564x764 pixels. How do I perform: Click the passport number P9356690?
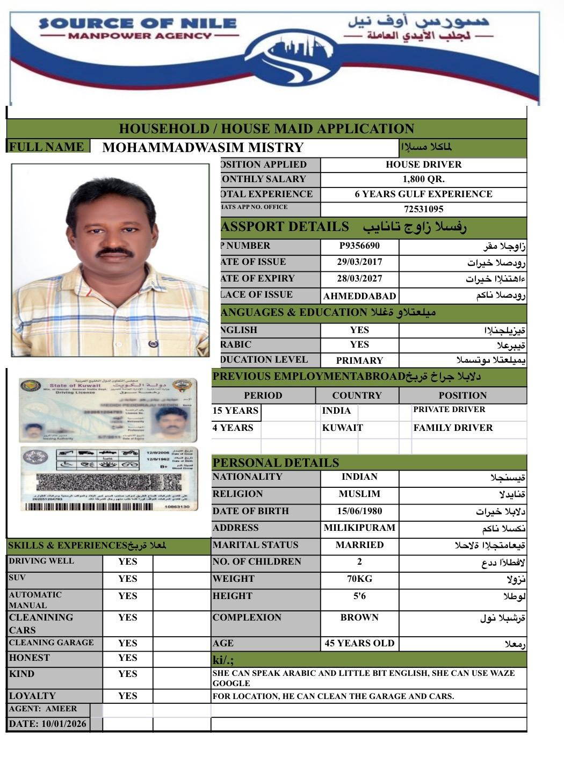tap(359, 246)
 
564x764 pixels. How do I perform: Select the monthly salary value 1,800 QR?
tap(423, 179)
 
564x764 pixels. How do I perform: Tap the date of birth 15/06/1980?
tap(359, 511)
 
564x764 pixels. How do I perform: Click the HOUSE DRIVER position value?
tap(423, 164)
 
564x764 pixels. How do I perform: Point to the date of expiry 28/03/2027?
tap(359, 279)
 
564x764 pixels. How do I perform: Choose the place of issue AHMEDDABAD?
tap(359, 296)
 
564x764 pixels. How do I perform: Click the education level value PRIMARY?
tap(359, 361)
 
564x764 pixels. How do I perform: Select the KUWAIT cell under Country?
tap(342, 428)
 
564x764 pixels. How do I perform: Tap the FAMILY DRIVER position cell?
tap(453, 428)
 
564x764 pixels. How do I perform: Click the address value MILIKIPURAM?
tap(359, 528)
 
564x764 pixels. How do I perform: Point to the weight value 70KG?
tap(359, 579)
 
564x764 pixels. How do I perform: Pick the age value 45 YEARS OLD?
tap(359, 643)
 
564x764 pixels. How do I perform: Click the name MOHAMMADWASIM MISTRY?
tap(203, 148)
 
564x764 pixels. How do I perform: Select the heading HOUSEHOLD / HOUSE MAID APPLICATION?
tap(266, 129)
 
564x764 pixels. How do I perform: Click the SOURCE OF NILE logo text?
tap(138, 24)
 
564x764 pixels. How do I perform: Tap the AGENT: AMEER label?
tap(43, 709)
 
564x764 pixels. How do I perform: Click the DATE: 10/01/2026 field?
tap(48, 724)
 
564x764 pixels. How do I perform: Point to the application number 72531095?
tap(423, 210)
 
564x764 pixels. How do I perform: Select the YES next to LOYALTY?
tap(127, 696)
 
